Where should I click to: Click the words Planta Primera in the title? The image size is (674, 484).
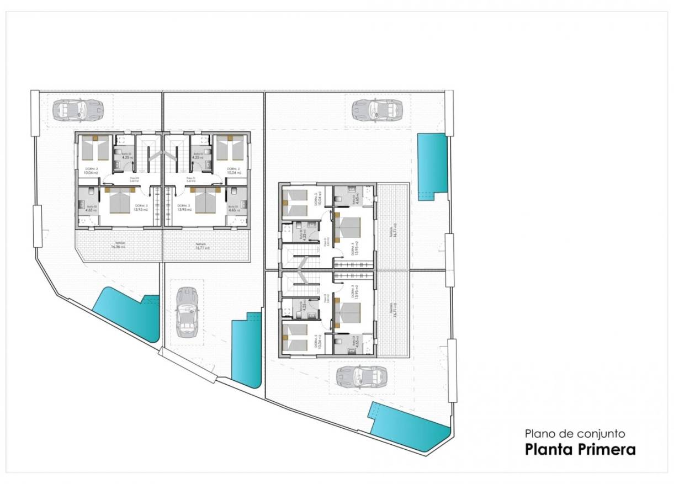tap(580, 449)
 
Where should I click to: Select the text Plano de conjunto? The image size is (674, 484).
tap(575, 434)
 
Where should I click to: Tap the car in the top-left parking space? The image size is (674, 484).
tap(78, 109)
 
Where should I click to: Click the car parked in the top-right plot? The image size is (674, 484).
tap(378, 109)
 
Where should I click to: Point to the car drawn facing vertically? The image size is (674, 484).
tap(187, 312)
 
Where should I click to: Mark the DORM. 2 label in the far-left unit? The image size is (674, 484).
tap(92, 171)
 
